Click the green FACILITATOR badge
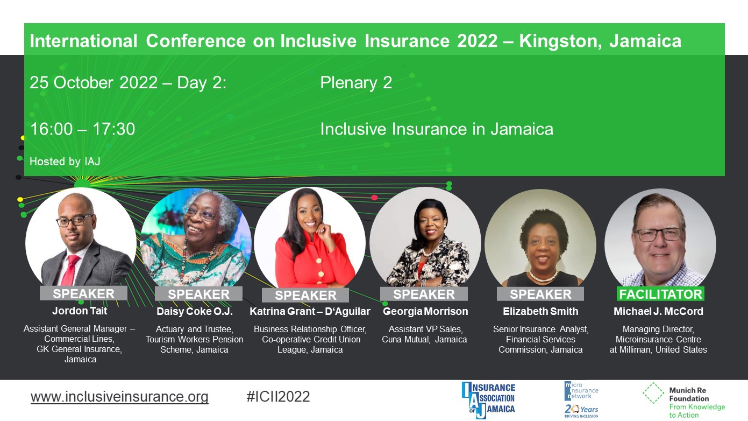[660, 294]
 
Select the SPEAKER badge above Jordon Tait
[83, 293]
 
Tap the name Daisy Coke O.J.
[195, 311]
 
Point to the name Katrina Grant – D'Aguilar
[310, 311]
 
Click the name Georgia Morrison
[425, 311]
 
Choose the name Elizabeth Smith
[540, 311]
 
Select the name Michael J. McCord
[659, 311]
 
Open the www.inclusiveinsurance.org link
[119, 397]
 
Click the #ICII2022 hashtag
[278, 397]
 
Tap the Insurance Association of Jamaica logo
[488, 400]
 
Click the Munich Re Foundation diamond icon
[653, 393]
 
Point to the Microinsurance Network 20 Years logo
[581, 399]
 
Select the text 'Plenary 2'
[356, 82]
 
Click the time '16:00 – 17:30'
[82, 129]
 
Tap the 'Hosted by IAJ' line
[65, 162]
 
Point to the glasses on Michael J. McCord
[658, 235]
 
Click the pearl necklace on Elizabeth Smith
[543, 276]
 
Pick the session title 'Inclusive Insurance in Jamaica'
[437, 129]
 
